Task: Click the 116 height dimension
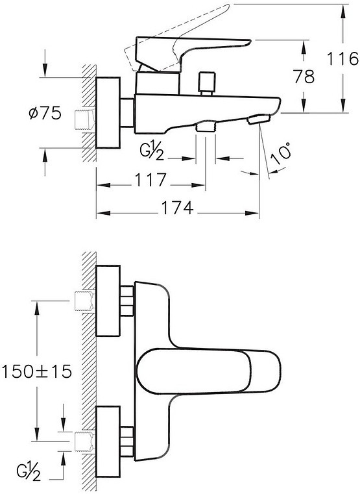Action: tap(342, 58)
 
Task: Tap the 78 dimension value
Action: tap(304, 77)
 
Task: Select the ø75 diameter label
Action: tap(45, 113)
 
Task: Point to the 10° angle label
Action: tap(281, 154)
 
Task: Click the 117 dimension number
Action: tap(150, 180)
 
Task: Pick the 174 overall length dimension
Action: tap(178, 208)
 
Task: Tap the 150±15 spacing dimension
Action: tap(37, 371)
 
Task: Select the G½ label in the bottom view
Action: tap(29, 471)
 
